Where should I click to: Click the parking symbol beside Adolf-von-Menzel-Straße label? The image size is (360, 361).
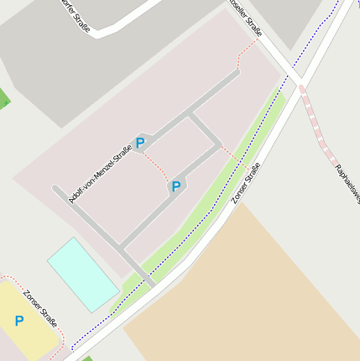click(140, 143)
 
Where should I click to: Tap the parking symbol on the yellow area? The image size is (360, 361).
click(18, 320)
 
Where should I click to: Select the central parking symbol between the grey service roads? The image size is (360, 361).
click(175, 186)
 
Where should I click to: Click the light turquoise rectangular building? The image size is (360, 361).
click(82, 274)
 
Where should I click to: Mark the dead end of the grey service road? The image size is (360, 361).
click(55, 189)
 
